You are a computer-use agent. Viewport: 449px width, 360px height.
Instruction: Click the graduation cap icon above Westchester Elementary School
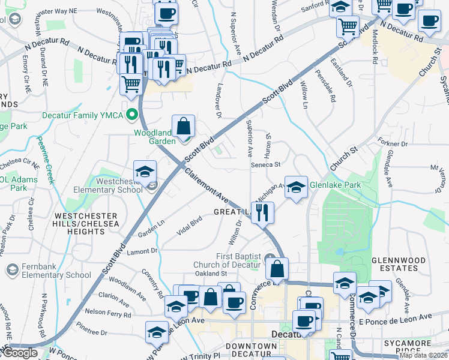click(x=145, y=173)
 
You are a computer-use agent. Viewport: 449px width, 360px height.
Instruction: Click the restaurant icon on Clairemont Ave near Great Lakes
click(x=262, y=212)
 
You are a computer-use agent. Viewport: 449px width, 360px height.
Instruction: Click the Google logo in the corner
click(x=20, y=353)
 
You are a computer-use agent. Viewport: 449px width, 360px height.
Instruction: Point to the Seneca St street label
click(x=266, y=164)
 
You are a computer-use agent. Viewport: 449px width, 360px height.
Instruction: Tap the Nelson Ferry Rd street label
click(x=108, y=312)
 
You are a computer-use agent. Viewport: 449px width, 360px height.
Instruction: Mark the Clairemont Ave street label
click(x=207, y=185)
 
